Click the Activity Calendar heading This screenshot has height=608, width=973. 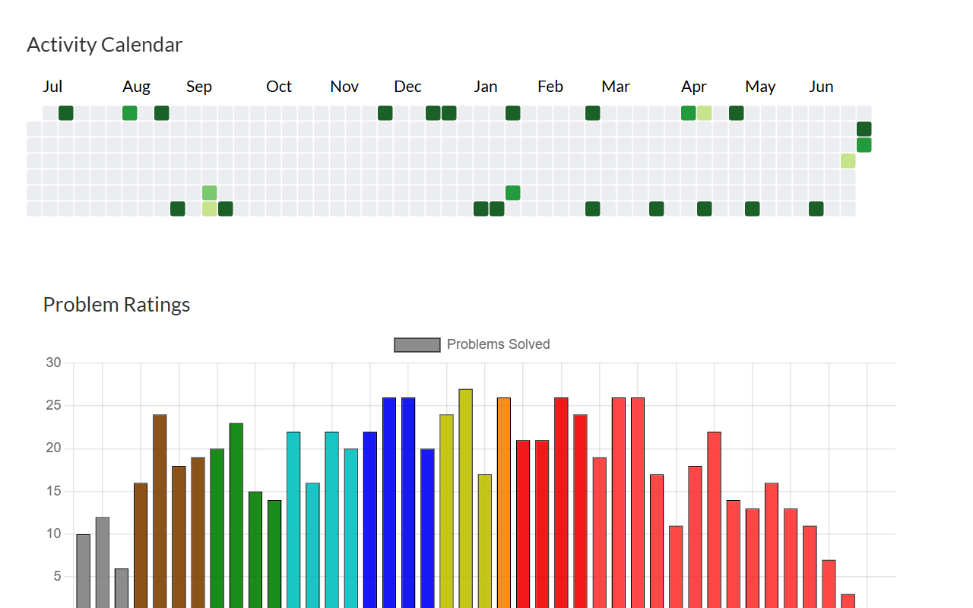coord(104,45)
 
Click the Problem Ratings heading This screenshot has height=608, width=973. coord(116,305)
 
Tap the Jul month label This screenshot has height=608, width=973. coord(52,87)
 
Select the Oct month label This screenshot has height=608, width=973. coord(279,87)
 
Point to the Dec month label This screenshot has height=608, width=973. coord(407,87)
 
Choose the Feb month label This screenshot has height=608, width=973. coord(550,87)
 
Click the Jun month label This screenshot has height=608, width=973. coord(821,87)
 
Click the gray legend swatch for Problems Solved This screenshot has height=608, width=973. coord(417,345)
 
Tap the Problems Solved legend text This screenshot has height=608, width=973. coord(498,344)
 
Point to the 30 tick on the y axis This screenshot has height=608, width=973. coord(53,363)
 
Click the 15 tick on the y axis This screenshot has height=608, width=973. coord(53,492)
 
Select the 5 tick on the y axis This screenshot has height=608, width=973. coord(56,577)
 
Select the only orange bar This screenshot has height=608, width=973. coord(503,502)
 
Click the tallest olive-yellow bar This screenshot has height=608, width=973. coord(465,498)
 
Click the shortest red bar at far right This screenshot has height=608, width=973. coord(848,600)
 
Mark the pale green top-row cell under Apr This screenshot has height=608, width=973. coord(705,113)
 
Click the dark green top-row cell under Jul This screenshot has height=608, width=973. coord(66,113)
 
